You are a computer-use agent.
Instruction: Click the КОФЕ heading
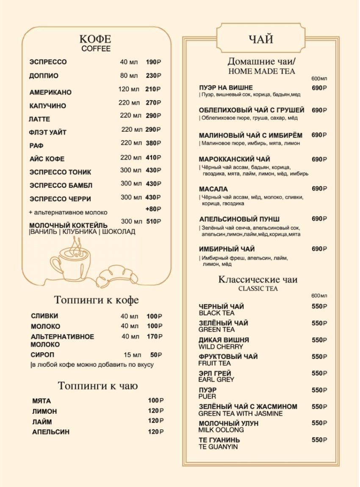pos(95,39)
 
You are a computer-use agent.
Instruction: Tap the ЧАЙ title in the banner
pos(260,39)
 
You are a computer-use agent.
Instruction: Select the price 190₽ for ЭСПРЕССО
pos(153,62)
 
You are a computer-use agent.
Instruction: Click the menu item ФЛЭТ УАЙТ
pos(48,132)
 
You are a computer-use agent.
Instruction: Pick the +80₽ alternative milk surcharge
pos(153,209)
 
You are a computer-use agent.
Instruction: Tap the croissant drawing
pos(117,276)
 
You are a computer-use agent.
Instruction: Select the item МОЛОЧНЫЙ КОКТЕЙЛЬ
pos(68,225)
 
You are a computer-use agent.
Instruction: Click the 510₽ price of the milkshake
pos(153,221)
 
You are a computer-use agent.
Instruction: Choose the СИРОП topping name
pos(42,354)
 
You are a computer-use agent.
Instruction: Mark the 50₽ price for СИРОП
pos(156,355)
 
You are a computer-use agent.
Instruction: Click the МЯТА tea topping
pos(42,401)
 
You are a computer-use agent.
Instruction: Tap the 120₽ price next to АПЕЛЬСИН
pos(155,432)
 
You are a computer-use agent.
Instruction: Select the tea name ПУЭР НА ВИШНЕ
pos(226,88)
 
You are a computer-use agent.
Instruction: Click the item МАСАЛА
pos(213,189)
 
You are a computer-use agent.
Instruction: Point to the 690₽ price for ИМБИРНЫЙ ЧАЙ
pos(319,249)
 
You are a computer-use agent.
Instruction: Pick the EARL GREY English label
pos(216,380)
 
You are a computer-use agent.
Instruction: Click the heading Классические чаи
pos(258,279)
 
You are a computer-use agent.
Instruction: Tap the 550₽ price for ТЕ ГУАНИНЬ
pos(319,440)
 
